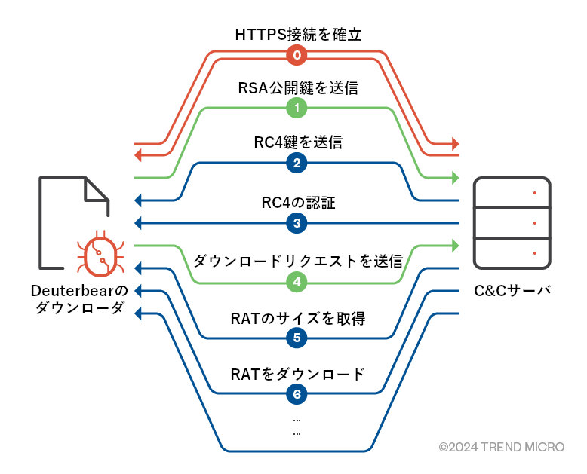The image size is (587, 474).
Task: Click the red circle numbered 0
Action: point(297,55)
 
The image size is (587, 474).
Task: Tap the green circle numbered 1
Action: point(297,109)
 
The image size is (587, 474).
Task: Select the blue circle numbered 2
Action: point(297,163)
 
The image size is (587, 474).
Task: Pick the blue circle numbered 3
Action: point(297,223)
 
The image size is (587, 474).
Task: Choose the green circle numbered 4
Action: point(297,283)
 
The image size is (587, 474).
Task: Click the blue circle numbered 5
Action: point(297,338)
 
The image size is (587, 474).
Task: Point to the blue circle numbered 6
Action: point(297,393)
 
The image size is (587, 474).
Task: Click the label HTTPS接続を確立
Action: point(297,34)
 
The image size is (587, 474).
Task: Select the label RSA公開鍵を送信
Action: point(297,87)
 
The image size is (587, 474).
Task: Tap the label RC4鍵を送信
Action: point(297,142)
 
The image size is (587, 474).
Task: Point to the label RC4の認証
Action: point(297,202)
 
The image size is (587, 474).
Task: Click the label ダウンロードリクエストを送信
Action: point(297,261)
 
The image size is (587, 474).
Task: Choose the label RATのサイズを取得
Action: point(297,317)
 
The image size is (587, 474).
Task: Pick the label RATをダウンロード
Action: point(297,373)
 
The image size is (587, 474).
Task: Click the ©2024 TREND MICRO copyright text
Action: point(501,447)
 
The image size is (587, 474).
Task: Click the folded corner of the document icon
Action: point(97,190)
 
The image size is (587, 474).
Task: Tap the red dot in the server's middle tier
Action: point(534,223)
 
